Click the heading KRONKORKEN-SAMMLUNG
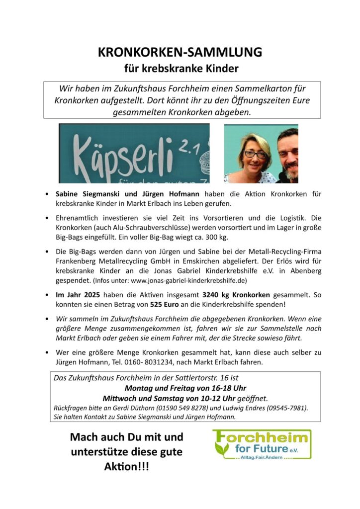[180, 52]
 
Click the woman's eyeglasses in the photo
[255, 154]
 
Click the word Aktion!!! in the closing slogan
[126, 468]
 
